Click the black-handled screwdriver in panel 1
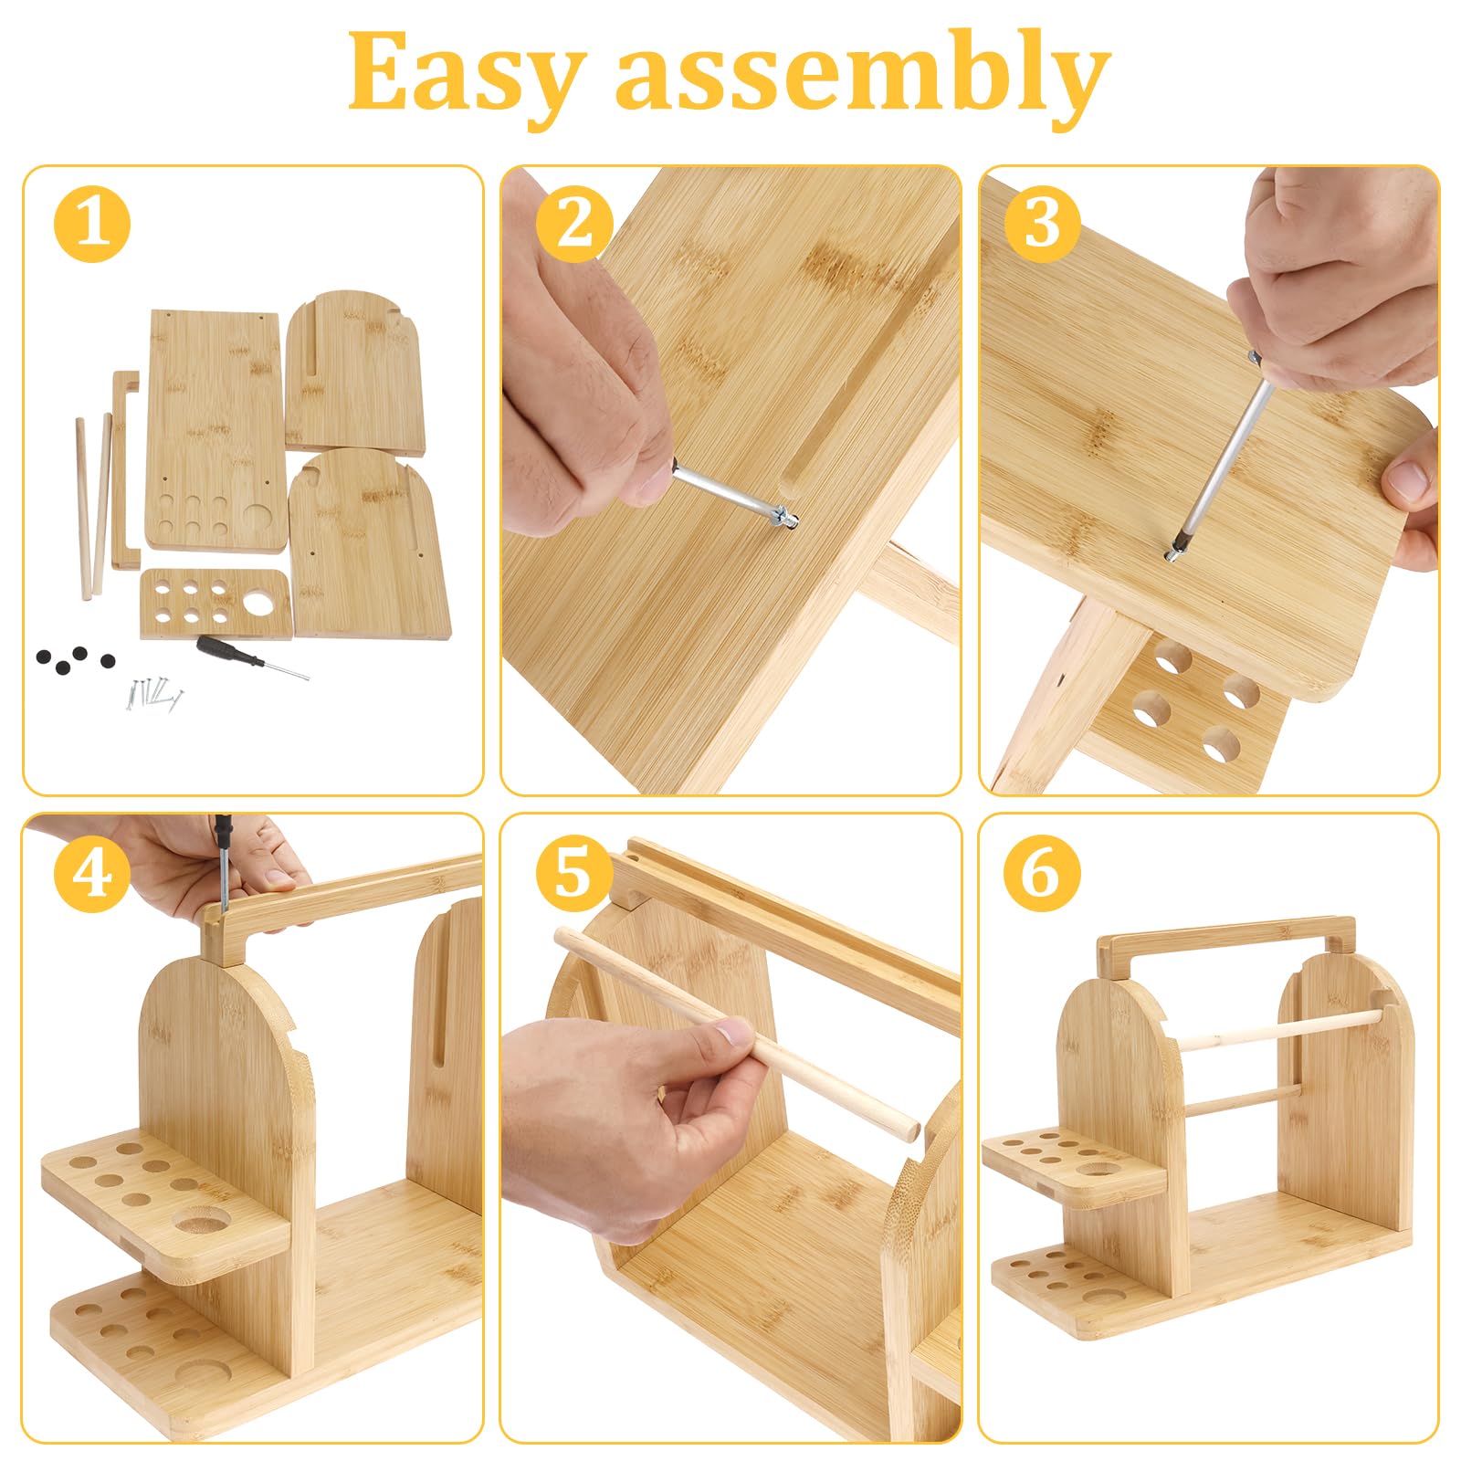click(252, 657)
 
